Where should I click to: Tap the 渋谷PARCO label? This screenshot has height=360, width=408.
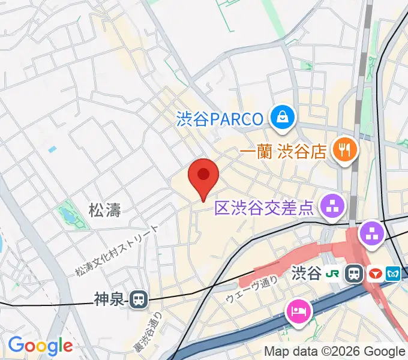220,118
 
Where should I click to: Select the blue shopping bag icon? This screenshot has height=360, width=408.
281,117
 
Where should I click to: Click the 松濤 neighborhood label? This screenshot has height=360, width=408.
105,210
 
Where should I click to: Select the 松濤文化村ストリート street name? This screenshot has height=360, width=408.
118,251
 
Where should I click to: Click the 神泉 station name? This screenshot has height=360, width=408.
110,298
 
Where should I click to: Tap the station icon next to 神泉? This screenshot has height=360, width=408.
139,298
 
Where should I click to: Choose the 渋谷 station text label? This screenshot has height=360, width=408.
306,274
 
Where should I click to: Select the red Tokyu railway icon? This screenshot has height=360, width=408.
374,274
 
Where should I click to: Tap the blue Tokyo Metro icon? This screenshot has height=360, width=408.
394,274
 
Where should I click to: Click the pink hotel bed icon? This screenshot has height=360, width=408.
298,310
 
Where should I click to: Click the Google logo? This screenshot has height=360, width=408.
40,346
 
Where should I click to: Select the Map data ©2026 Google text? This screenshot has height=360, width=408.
335,352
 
